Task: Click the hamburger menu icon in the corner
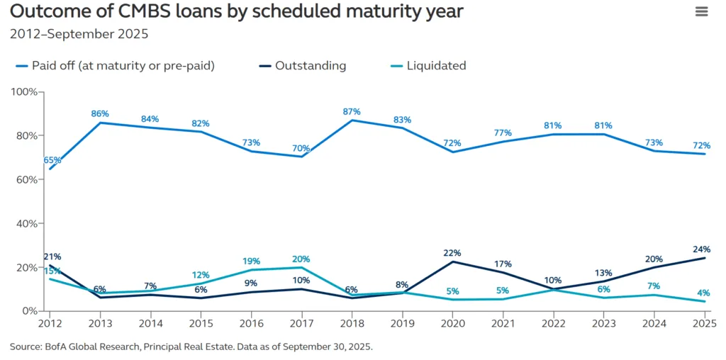tap(701, 11)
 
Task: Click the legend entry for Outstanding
tap(311, 66)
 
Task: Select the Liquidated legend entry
tap(436, 66)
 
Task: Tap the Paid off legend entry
tap(123, 66)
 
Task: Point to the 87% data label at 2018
tap(352, 111)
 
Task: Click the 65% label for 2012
tap(52, 160)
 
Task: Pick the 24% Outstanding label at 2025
tap(701, 249)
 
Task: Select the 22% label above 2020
tap(452, 253)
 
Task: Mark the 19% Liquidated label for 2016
tap(252, 261)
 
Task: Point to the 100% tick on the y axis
tap(26, 92)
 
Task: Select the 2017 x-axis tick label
tap(301, 323)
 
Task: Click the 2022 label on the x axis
tap(554, 323)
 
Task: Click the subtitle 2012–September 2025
tap(79, 34)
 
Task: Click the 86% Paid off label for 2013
tap(100, 113)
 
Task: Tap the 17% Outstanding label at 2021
tap(503, 264)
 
